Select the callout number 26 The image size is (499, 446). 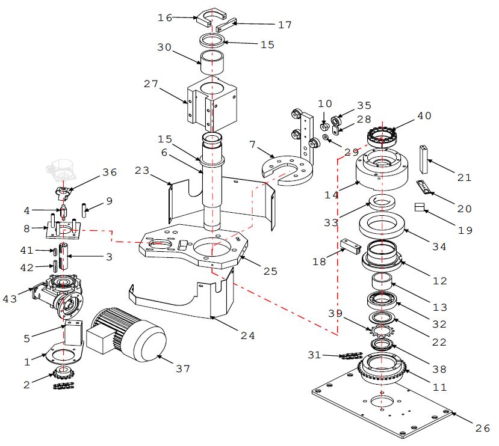coord(483,428)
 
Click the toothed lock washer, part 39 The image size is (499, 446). coord(382,331)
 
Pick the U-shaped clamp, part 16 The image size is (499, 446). coord(211,18)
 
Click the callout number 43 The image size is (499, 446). coord(10,299)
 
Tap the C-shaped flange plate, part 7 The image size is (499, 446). coord(287,170)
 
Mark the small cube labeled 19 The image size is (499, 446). coord(420,207)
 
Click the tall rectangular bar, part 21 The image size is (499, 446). coord(423,159)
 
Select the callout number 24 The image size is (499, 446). coord(247,335)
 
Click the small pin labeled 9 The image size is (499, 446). coord(84,210)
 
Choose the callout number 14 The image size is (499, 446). coord(331,195)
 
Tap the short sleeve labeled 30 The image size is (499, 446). coord(212,63)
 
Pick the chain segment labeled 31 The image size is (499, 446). coord(351,356)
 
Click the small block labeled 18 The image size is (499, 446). coord(351,247)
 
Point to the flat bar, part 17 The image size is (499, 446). coord(226,25)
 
